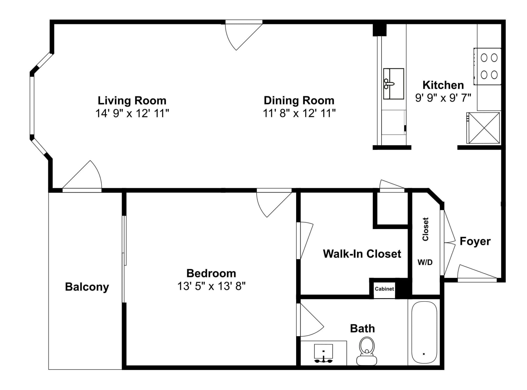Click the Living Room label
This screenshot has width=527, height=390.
click(132, 101)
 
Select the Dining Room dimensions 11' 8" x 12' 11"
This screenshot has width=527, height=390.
click(299, 113)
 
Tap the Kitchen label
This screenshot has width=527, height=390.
click(443, 85)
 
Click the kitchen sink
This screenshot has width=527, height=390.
click(393, 84)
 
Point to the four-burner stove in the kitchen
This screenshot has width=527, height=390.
click(487, 66)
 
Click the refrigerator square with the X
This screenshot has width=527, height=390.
click(484, 128)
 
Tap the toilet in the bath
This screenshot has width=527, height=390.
click(366, 351)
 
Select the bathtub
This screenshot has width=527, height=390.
click(424, 332)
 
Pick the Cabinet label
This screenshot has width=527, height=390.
click(384, 289)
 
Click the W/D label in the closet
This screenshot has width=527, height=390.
click(425, 262)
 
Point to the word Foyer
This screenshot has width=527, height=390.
click(475, 241)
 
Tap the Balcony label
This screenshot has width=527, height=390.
click(87, 287)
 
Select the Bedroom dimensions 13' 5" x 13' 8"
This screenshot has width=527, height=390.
click(211, 286)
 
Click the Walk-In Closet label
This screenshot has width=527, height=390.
click(362, 254)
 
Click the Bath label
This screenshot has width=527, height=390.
click(362, 328)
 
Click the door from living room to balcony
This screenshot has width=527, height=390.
click(82, 176)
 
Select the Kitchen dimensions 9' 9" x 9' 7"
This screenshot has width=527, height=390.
click(443, 98)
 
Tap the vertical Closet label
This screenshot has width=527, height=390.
click(425, 229)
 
